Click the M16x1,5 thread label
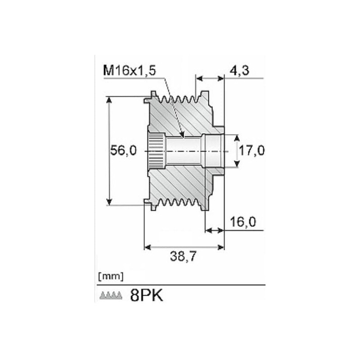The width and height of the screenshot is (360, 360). (x=130, y=70)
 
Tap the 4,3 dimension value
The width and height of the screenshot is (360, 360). (x=239, y=71)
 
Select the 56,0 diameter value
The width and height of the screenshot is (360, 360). (x=123, y=151)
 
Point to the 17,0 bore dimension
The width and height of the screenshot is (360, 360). (x=252, y=151)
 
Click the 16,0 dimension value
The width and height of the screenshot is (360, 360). (x=243, y=222)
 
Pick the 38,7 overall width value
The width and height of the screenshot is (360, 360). (x=183, y=256)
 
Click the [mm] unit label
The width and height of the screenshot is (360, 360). (x=111, y=277)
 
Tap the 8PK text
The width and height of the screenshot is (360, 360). (x=147, y=295)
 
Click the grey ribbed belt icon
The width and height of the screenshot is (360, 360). (x=111, y=296)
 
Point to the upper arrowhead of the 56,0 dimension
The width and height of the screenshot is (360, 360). (x=109, y=100)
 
